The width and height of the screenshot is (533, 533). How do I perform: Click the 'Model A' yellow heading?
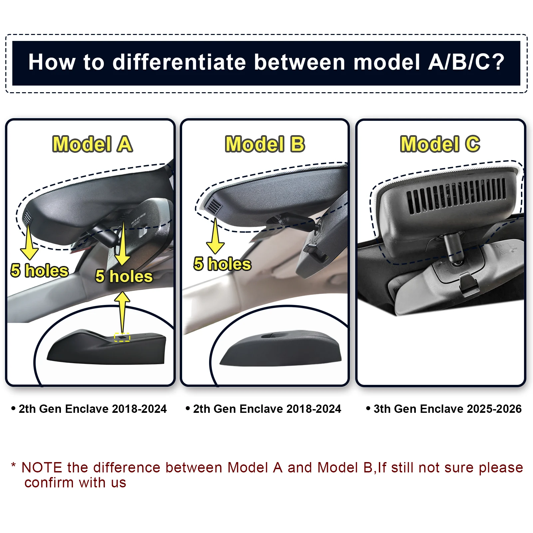click(93, 144)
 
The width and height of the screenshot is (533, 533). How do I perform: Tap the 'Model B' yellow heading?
click(265, 144)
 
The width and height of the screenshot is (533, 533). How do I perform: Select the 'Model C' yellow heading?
click(440, 144)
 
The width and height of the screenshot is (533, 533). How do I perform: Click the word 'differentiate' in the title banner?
click(179, 62)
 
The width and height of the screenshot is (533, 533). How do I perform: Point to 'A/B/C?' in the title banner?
click(466, 62)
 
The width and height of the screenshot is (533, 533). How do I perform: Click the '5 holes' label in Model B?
click(222, 264)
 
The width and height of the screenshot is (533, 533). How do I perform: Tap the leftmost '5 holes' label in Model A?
click(40, 270)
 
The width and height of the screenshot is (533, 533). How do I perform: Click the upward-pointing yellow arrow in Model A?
click(123, 312)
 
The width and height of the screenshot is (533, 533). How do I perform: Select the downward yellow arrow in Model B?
click(215, 236)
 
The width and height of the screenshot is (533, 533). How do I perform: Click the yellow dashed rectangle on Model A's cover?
click(122, 337)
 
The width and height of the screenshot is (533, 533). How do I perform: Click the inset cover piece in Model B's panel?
click(281, 348)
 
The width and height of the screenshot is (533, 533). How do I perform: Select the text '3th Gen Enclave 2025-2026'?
click(447, 409)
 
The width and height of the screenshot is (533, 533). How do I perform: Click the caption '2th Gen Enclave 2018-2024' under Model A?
click(93, 409)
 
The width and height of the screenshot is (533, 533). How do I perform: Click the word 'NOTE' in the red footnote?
click(42, 468)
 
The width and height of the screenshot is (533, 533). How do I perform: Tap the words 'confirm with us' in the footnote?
click(75, 483)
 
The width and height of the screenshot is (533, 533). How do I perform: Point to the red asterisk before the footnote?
click(13, 465)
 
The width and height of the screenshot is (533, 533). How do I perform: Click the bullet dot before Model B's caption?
click(188, 408)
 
